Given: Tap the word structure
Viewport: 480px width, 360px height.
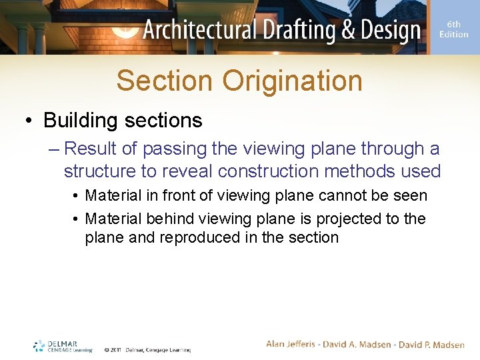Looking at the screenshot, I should click(x=100, y=171).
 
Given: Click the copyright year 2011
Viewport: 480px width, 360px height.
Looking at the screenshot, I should click(x=115, y=349).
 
